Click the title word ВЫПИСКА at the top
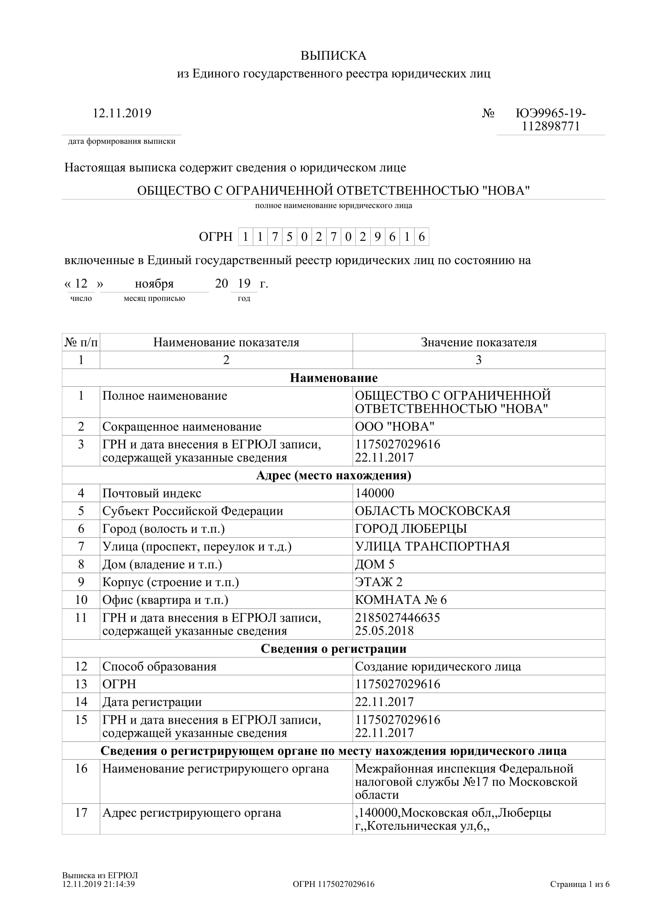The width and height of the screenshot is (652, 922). pos(333,56)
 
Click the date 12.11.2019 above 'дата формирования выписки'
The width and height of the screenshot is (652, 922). pos(122,113)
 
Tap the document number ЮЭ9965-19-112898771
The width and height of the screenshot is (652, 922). pos(551,120)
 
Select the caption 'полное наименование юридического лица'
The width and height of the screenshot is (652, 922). pos(333,206)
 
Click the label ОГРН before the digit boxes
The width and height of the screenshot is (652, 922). pos(216,237)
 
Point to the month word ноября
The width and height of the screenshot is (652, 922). pos(154,284)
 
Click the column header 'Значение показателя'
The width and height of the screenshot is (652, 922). pos(478,342)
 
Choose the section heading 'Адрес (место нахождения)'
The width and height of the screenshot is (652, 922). pos(333,475)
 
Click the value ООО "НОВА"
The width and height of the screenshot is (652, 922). pos(394,427)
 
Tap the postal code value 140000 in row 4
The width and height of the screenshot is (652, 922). pos(374,493)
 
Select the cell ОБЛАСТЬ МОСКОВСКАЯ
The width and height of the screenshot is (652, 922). pos(432,511)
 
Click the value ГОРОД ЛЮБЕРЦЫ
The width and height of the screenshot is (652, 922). pos(411,529)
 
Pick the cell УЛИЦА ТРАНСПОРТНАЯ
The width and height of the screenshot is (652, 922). pos(432,546)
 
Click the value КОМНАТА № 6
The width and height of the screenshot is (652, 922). pos(400,600)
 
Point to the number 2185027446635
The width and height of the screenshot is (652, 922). pos(397,617)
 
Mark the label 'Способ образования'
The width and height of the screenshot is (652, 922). pos(159,666)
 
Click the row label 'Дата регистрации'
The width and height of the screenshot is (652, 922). pos(152,702)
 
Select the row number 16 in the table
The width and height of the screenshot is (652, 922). pos(81,768)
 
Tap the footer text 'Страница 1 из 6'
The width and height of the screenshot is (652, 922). pos(580,884)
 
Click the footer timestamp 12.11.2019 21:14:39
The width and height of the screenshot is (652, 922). pos(99,884)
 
